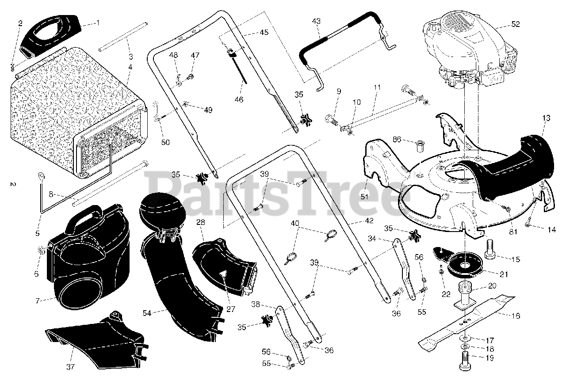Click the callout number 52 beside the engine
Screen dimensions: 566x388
(x=516, y=24)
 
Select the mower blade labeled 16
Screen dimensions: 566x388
(x=466, y=323)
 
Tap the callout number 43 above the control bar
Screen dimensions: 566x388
(x=316, y=21)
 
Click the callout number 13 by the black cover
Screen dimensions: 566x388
(x=546, y=118)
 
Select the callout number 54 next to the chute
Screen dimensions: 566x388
(x=147, y=313)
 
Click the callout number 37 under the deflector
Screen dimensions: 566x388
(x=70, y=367)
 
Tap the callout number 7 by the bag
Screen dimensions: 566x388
(x=38, y=301)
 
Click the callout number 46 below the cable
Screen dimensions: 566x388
(x=239, y=99)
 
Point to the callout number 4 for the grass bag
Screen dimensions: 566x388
(x=130, y=67)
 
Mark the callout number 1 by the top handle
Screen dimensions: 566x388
(x=98, y=23)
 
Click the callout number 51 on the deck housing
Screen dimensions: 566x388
(x=364, y=197)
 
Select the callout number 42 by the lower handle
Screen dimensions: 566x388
(x=369, y=221)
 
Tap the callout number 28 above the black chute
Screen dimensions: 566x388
(x=201, y=222)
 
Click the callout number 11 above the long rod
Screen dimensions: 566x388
(x=377, y=87)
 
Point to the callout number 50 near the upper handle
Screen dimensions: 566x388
(x=165, y=142)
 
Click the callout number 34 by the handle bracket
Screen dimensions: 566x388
(x=372, y=238)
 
